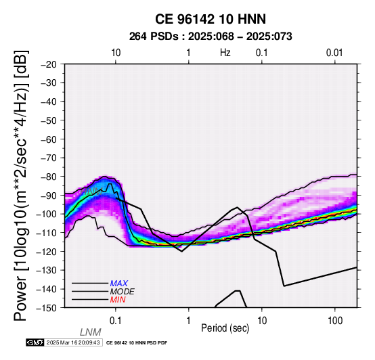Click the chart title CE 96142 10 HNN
(211, 19)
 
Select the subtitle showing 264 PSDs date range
(211, 37)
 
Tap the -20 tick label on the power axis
(49, 64)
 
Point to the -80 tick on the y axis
(49, 177)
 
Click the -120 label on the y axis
(46, 252)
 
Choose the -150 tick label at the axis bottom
(46, 308)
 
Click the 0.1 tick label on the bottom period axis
(115, 321)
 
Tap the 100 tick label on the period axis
(335, 321)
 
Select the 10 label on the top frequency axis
(116, 53)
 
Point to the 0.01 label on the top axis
(334, 53)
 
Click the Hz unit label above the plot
(225, 53)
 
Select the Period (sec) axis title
(225, 328)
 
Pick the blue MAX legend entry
(119, 284)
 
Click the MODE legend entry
(123, 292)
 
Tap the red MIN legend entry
(118, 300)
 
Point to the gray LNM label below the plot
(91, 332)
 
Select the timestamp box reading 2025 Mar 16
(73, 342)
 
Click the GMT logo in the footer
(35, 342)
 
